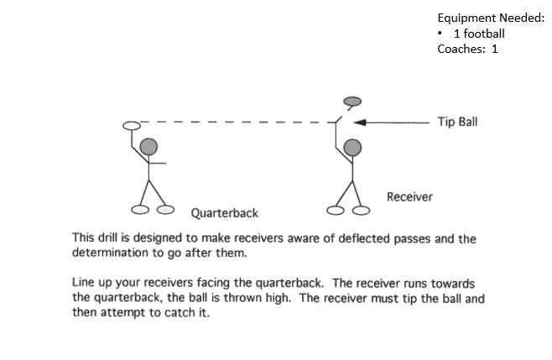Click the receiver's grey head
pos(353,149)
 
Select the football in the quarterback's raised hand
pos(130,127)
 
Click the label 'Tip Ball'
pos(457,121)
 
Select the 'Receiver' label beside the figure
pos(409,196)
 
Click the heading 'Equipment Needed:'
pos(491,17)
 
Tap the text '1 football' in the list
pos(478,34)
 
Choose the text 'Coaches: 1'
pos(468,49)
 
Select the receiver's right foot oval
pos(362,208)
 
